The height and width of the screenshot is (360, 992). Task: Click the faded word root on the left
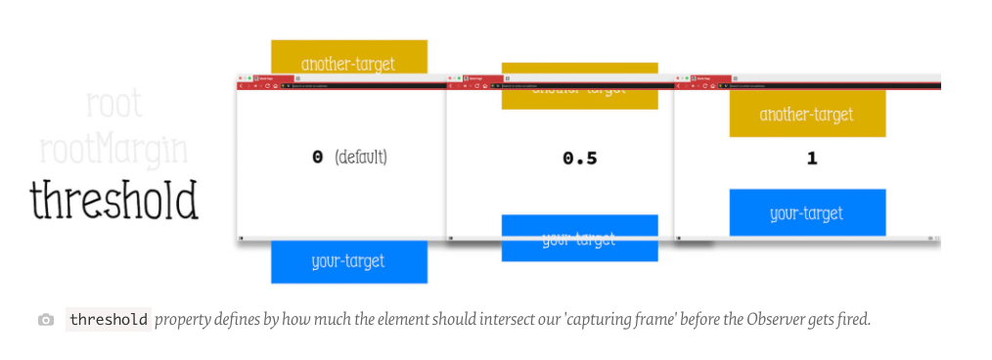pos(114,104)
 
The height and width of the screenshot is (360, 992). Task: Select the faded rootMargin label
pos(113,149)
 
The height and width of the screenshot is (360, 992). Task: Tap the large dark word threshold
pos(114,200)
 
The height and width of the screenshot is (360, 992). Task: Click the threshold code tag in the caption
pos(109,320)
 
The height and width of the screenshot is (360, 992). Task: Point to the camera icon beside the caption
pos(46,320)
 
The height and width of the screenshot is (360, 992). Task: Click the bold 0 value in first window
pos(317,157)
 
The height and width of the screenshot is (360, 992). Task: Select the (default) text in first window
pos(361,157)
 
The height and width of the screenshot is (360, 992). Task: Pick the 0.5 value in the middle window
pos(579,157)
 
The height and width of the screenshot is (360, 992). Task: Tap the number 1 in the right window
pos(811,157)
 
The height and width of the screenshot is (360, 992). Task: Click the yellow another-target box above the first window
pos(348,58)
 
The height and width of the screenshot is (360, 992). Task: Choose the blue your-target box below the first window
pos(348,262)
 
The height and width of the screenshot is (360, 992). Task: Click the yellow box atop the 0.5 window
pos(579,86)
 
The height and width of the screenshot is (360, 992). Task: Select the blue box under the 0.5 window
pos(579,239)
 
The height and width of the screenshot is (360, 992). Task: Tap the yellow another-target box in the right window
pos(807,114)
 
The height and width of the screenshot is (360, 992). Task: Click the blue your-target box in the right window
pos(807,213)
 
